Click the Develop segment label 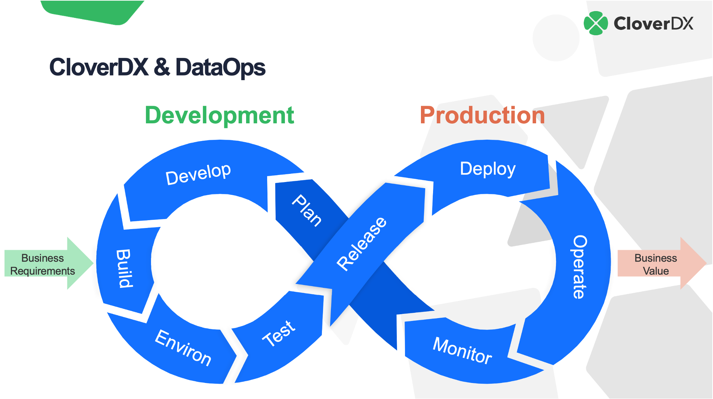tap(198, 174)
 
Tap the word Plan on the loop tap(307, 211)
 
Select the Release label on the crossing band tap(361, 244)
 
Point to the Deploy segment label tap(488, 169)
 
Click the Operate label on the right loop tap(580, 267)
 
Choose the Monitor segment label tap(462, 351)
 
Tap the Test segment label tap(279, 333)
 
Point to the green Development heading tap(219, 115)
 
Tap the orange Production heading tap(482, 115)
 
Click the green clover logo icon tap(595, 24)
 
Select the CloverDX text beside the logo tap(653, 24)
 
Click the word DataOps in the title tap(220, 67)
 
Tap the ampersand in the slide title tap(162, 67)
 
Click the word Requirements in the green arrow tap(42, 271)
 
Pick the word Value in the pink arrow tap(656, 271)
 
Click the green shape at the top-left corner tap(93, 11)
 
